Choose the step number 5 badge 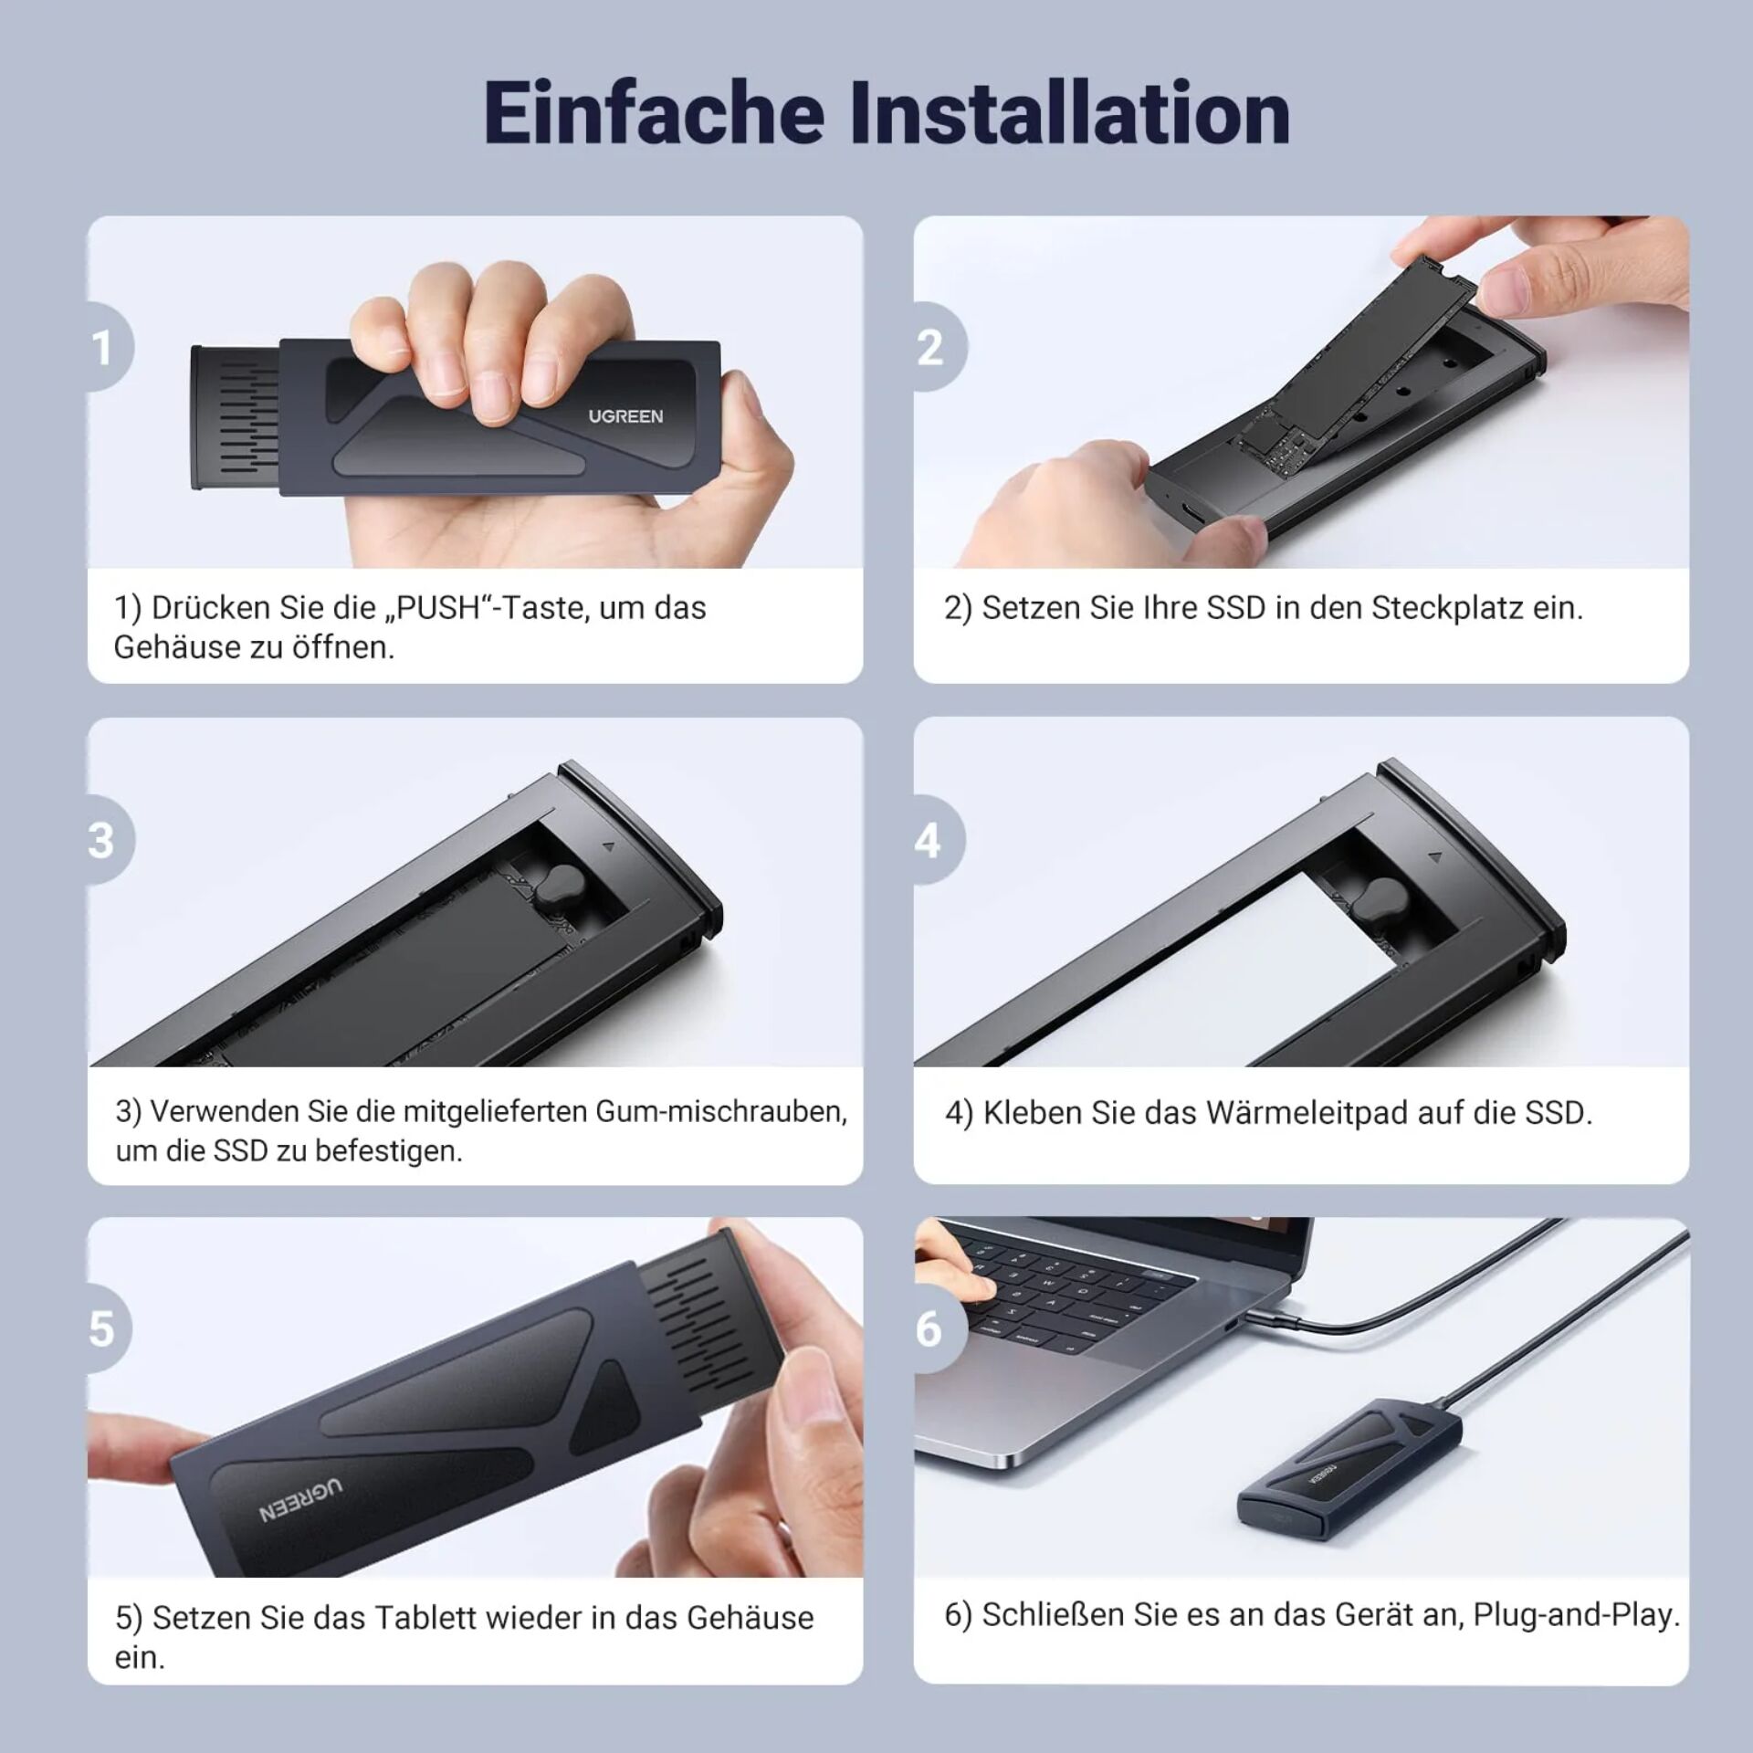[x=109, y=1329]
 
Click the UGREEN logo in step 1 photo [x=625, y=416]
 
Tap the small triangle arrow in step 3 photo [x=609, y=846]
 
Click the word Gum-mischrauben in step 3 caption [x=720, y=1112]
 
